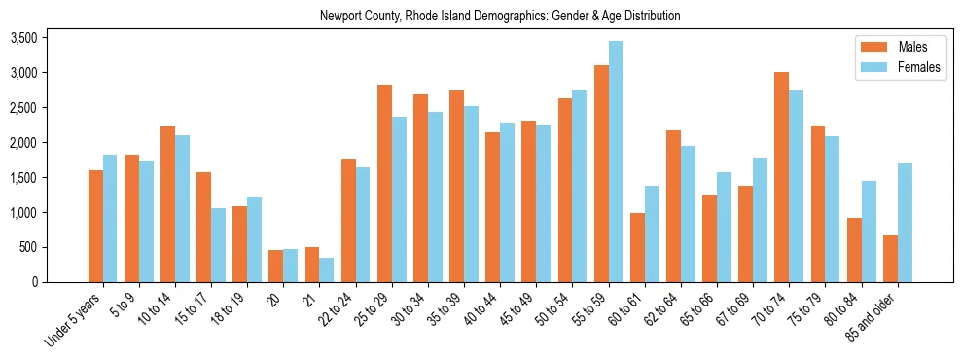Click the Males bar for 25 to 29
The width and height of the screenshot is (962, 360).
coord(384,184)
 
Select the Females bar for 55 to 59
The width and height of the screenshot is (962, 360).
coord(616,162)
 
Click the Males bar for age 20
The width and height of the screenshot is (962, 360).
coord(276,266)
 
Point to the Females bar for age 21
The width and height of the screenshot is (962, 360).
coord(327,270)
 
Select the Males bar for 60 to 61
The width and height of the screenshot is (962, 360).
coord(637,247)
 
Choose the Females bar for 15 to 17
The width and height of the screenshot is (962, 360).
coord(218,245)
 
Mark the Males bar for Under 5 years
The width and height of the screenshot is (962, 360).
coord(95,226)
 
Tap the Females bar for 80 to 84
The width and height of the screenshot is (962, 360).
coord(869,232)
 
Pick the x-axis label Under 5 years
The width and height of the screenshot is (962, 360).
coord(75,319)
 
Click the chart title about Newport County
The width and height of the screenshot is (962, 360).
coord(500,17)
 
